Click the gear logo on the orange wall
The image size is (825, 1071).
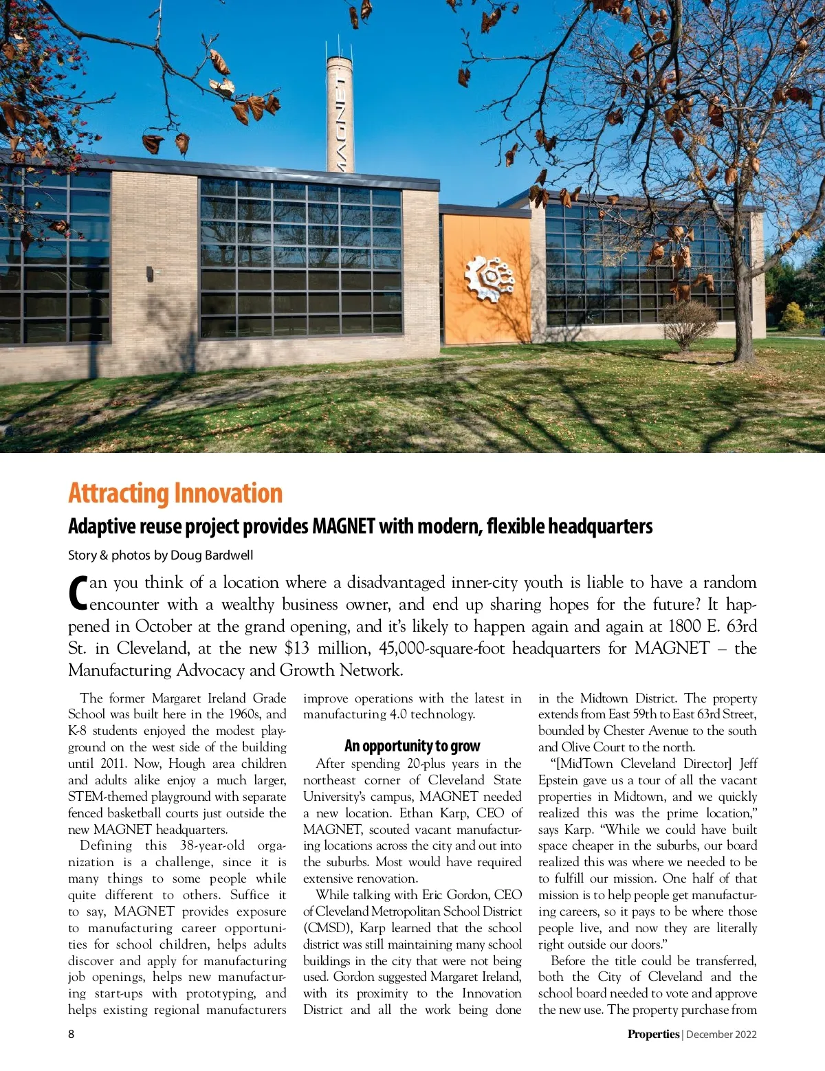[489, 278]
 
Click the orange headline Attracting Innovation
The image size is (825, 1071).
[175, 494]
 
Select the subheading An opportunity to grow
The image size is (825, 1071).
[412, 746]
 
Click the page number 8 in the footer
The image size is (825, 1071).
[71, 1034]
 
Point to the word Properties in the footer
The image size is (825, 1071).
[653, 1034]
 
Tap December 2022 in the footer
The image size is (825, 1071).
[721, 1034]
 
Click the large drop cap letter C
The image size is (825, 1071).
[78, 593]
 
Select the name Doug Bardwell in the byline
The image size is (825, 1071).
[212, 555]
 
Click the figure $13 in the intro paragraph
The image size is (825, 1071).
[297, 648]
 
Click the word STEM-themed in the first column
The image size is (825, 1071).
[108, 797]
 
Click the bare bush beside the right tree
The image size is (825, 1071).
[688, 324]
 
